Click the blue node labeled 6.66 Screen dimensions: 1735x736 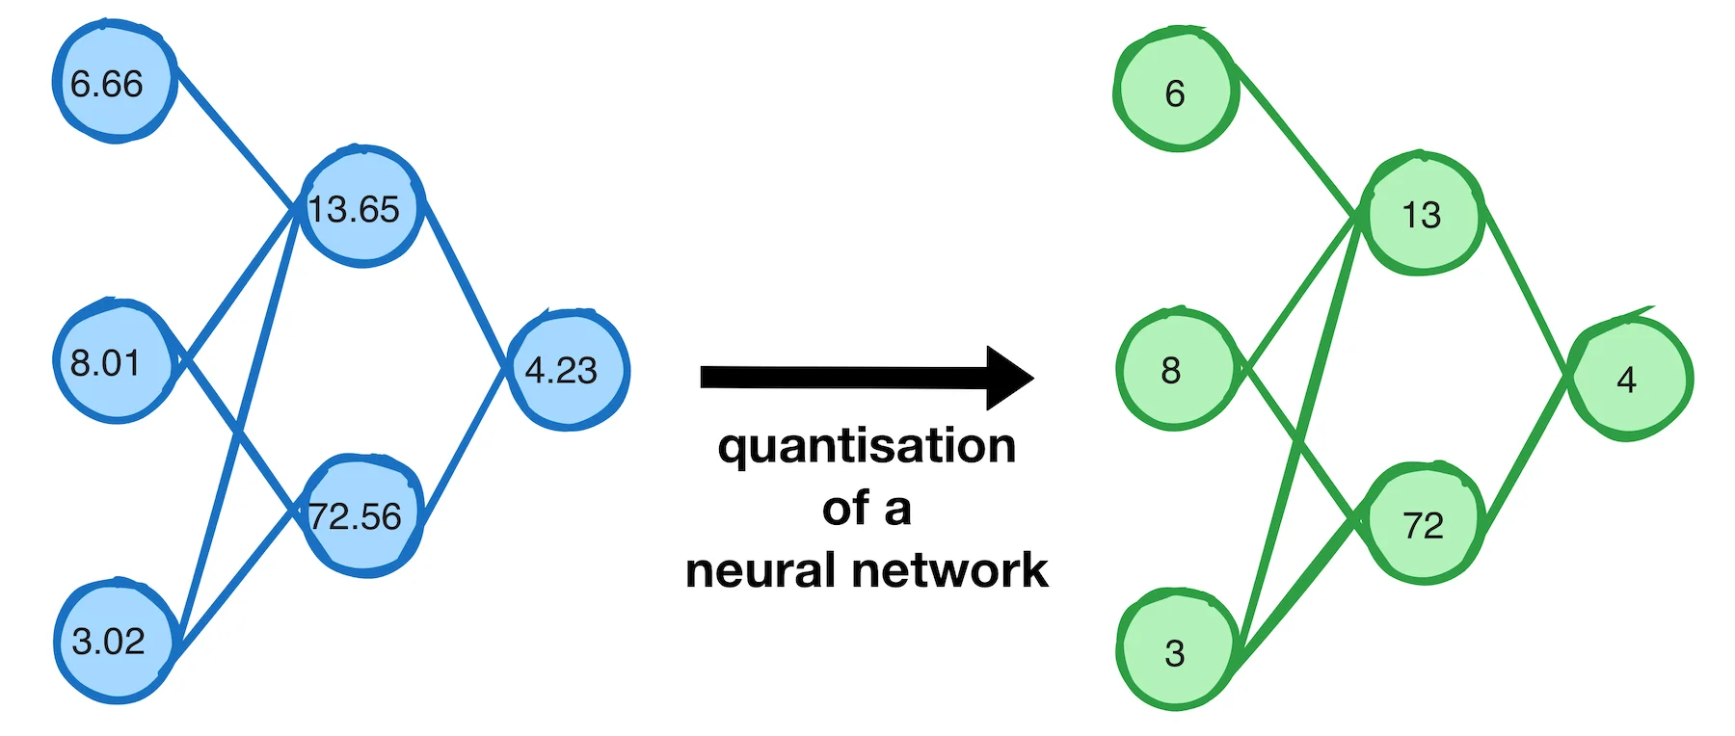(x=115, y=83)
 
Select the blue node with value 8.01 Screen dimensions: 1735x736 (x=113, y=361)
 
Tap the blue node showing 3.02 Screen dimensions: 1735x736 (x=117, y=641)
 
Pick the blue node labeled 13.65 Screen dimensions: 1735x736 (x=362, y=206)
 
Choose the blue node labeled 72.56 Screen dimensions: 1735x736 (x=364, y=515)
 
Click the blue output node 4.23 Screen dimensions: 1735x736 (x=568, y=370)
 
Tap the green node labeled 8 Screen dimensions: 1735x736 (x=1175, y=368)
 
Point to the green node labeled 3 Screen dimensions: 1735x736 (x=1176, y=650)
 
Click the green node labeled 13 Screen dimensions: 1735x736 (x=1424, y=213)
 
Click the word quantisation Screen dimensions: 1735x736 (x=867, y=446)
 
